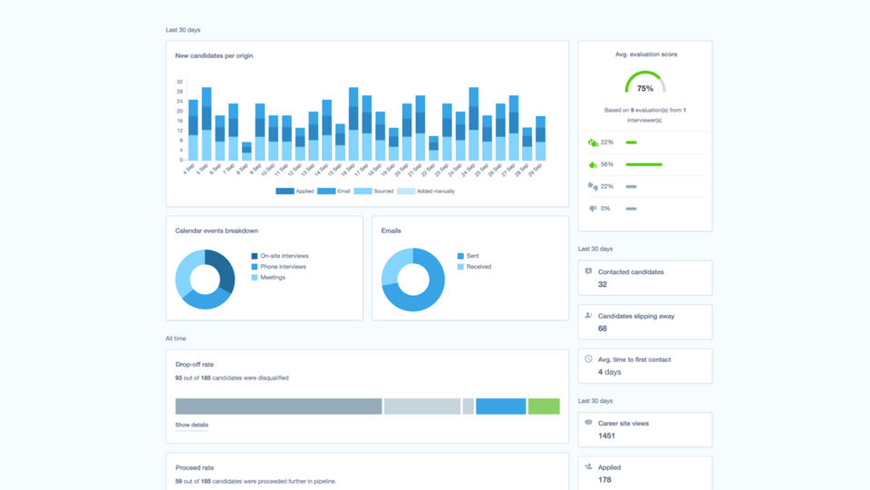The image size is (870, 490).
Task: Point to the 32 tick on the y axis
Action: (180, 82)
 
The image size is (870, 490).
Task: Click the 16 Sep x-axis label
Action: (352, 171)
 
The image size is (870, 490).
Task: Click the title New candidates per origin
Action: (214, 55)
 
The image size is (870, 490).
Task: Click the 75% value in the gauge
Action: (644, 89)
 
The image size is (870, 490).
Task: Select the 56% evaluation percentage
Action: (607, 164)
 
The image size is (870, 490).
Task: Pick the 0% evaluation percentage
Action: (605, 209)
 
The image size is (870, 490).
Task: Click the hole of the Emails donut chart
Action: (412, 279)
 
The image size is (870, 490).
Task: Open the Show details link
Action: (191, 425)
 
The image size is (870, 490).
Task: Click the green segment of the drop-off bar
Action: (544, 406)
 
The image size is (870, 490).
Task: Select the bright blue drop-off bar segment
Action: (500, 406)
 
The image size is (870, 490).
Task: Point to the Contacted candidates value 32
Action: (603, 285)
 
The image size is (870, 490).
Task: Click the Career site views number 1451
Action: (607, 436)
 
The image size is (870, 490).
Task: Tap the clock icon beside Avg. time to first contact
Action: (588, 359)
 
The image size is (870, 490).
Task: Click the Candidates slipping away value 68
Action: (603, 328)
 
